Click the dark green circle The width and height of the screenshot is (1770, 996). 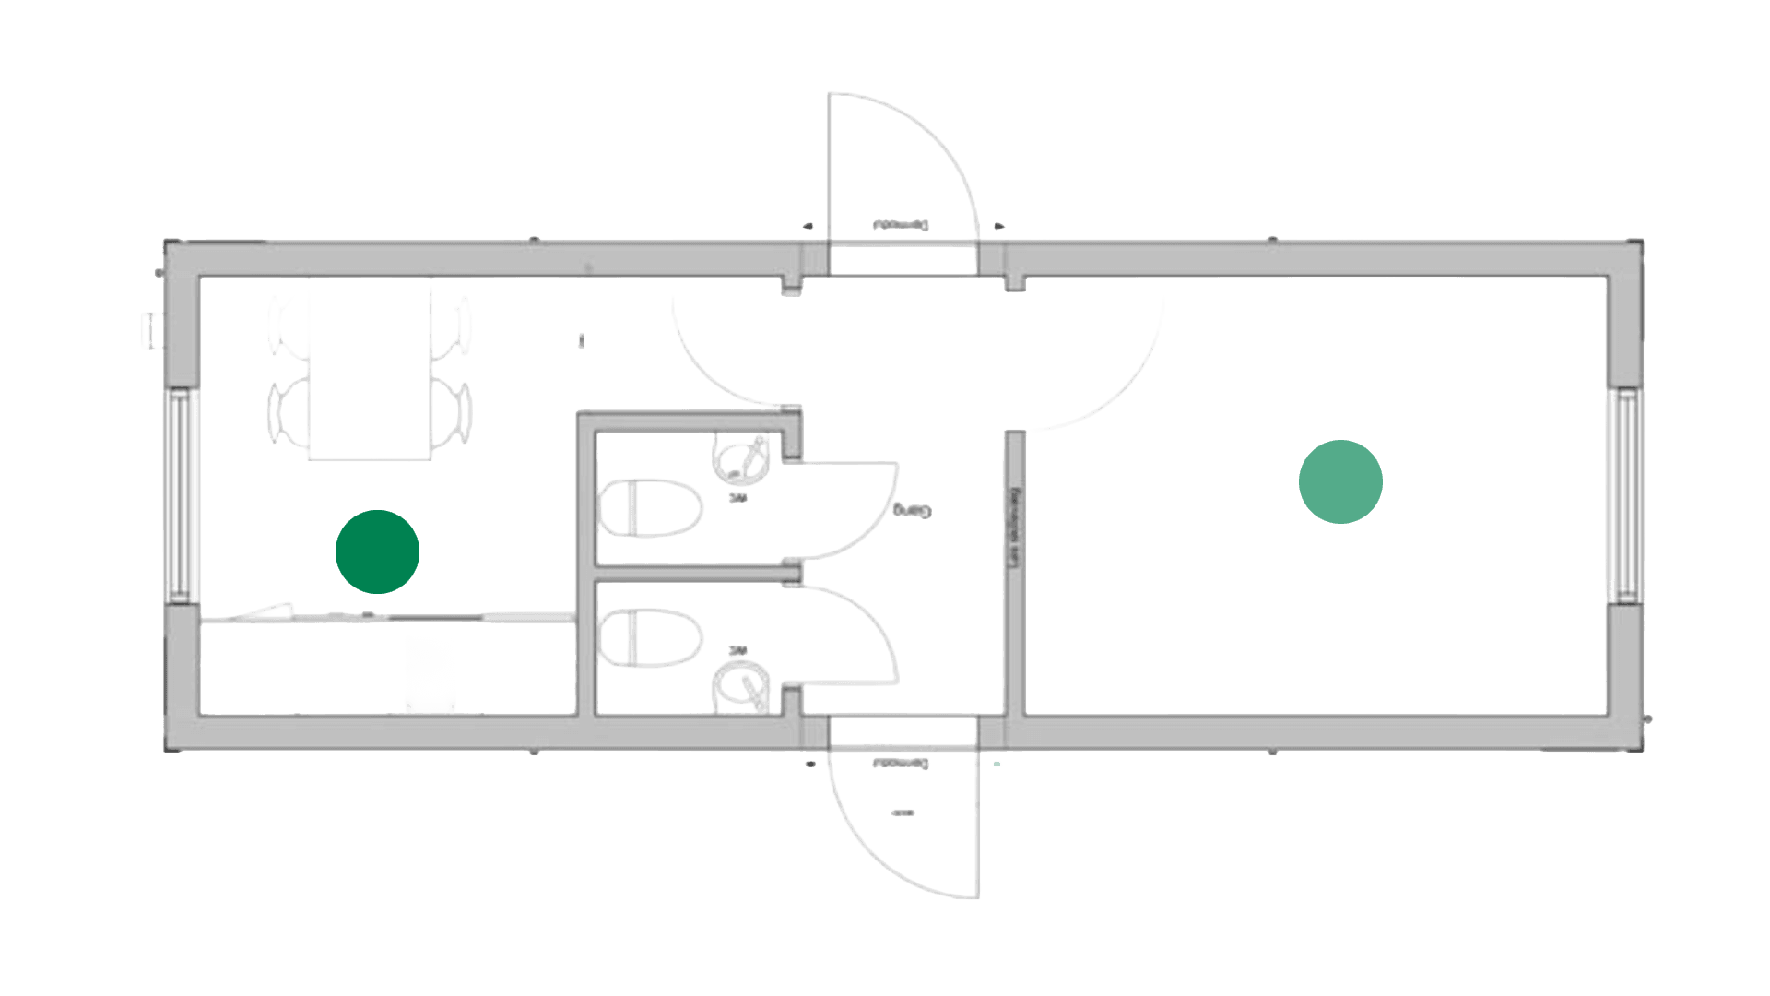[x=377, y=551]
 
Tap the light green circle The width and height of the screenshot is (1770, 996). [x=1340, y=481]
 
